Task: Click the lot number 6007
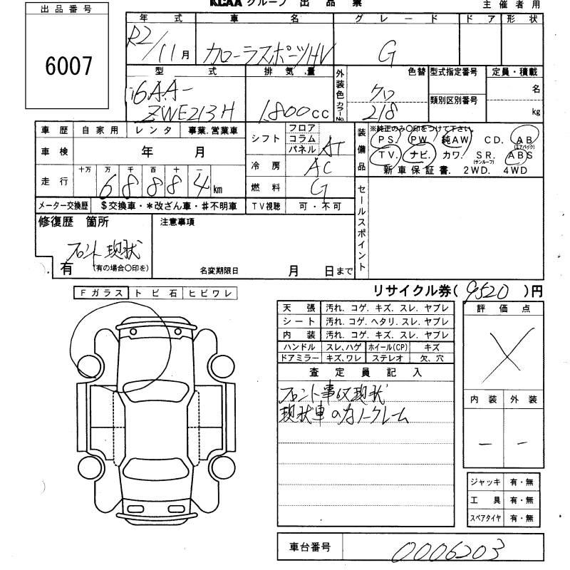(68, 66)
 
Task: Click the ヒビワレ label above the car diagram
(210, 293)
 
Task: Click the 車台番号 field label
(309, 547)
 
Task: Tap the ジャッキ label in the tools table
(484, 482)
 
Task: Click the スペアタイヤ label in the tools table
(484, 518)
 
